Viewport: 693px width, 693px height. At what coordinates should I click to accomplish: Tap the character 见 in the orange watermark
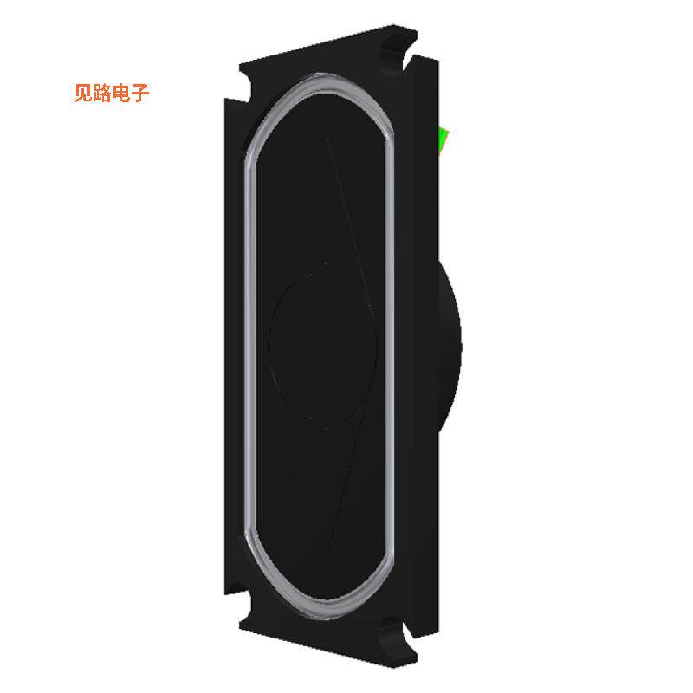click(x=83, y=94)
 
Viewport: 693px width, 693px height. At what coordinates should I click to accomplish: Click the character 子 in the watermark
click(x=140, y=94)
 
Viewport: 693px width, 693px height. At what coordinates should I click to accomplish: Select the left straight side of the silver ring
click(x=249, y=346)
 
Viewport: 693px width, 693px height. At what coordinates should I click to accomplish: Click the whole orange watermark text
click(x=112, y=94)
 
